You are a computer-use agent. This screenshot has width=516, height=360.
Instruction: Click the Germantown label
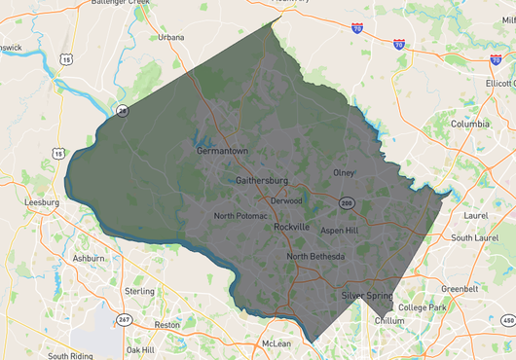pos(223,152)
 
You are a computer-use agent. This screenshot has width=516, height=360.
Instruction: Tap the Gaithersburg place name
pos(262,181)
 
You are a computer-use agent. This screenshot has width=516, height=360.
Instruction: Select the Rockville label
pos(291,227)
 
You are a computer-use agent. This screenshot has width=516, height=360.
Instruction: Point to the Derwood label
pos(286,201)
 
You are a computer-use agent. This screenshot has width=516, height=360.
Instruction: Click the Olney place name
pos(345,173)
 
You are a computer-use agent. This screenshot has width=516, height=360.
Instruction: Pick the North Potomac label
pos(240,216)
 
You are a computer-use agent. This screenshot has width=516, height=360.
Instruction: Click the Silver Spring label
pos(366,295)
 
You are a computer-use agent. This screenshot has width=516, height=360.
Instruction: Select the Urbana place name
pos(171,37)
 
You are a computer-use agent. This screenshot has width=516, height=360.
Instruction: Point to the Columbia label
pos(469,125)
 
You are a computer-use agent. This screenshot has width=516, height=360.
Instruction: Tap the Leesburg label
pos(42,202)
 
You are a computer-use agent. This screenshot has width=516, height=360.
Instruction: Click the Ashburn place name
pos(89,259)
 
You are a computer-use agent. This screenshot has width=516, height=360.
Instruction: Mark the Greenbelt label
pos(460,289)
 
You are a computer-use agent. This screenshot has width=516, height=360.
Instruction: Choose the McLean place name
pos(276,343)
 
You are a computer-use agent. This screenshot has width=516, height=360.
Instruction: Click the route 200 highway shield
pos(347,202)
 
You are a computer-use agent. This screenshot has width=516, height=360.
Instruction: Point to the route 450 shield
pos(505,319)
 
